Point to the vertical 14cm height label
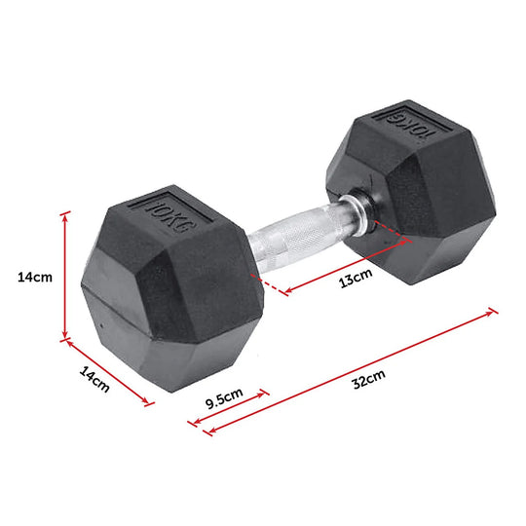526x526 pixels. point(35,277)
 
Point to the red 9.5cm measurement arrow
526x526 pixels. point(228,409)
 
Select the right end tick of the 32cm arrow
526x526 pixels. point(493,312)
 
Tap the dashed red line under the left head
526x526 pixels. point(274,285)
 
